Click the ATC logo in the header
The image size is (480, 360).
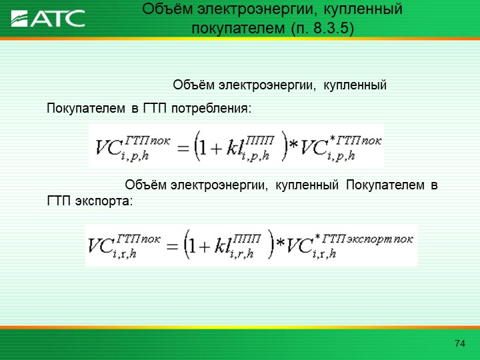48,19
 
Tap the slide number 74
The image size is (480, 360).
460,343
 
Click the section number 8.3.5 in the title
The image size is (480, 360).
331,28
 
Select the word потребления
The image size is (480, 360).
211,109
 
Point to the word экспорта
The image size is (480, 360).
104,201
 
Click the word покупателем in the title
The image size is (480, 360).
238,29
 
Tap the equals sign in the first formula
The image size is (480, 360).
183,149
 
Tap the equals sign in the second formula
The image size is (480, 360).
172,247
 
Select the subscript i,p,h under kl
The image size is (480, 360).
255,155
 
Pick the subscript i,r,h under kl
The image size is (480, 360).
241,253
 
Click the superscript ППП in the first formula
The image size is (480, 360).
259,140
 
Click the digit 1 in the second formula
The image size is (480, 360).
192,245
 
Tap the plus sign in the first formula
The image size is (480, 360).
216,149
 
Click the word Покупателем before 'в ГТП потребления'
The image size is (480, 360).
86,109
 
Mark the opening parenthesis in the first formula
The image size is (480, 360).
197,146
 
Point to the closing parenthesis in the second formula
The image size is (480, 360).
271,244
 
